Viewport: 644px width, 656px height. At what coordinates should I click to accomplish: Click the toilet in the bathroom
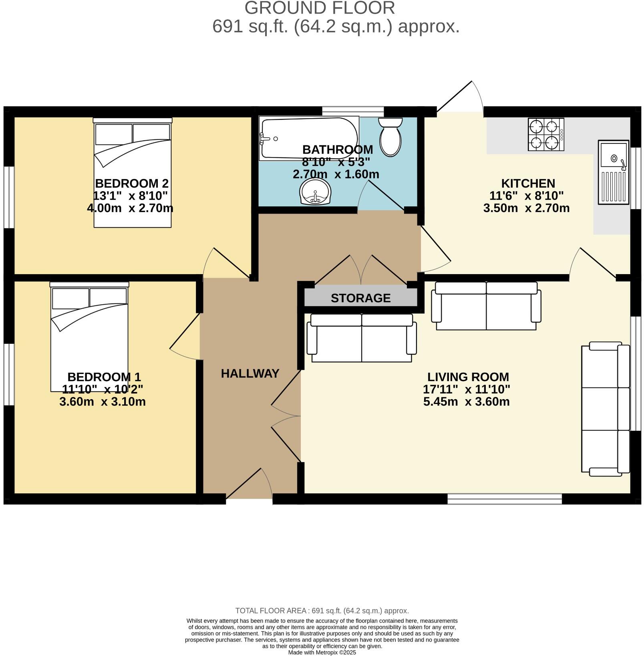pyautogui.click(x=390, y=137)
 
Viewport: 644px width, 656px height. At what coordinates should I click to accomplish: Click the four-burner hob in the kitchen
pyautogui.click(x=546, y=134)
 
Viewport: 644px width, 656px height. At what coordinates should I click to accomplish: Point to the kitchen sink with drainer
pyautogui.click(x=613, y=172)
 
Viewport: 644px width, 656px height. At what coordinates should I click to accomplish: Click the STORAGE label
pyautogui.click(x=360, y=298)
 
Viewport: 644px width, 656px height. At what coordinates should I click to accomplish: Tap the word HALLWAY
pyautogui.click(x=250, y=373)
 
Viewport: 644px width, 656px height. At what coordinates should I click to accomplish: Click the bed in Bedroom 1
pyautogui.click(x=89, y=337)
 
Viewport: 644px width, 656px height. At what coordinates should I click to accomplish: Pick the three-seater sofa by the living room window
pyautogui.click(x=605, y=409)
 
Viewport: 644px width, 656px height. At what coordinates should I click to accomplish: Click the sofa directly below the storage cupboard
pyautogui.click(x=362, y=338)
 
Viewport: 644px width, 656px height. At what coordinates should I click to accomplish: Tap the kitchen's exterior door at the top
pyautogui.click(x=461, y=98)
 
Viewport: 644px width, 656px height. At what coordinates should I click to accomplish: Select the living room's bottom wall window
pyautogui.click(x=505, y=499)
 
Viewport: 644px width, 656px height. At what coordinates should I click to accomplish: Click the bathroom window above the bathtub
pyautogui.click(x=353, y=111)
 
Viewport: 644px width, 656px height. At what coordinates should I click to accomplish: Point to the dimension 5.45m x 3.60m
pyautogui.click(x=466, y=402)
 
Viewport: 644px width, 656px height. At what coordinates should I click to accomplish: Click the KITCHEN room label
pyautogui.click(x=528, y=184)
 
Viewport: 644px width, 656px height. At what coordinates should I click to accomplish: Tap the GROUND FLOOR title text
pyautogui.click(x=320, y=8)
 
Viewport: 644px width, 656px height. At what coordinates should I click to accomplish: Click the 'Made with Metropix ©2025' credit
pyautogui.click(x=322, y=652)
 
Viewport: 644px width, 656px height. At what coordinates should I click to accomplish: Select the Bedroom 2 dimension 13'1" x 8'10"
pyautogui.click(x=130, y=196)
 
